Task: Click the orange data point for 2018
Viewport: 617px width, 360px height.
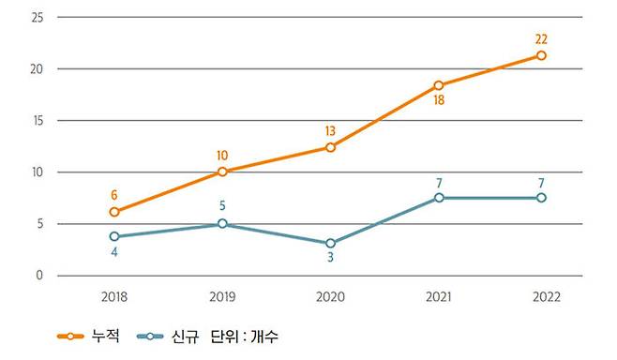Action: pos(114,212)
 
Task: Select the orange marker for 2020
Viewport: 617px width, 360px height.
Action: pos(330,147)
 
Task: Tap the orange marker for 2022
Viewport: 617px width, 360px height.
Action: pos(541,55)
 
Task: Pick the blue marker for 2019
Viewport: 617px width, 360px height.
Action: pos(222,224)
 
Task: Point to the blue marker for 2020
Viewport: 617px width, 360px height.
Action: pos(330,243)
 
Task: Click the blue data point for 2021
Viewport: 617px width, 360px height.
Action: pos(438,198)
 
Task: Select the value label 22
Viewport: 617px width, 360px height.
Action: pos(541,39)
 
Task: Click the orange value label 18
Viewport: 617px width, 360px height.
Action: pos(438,100)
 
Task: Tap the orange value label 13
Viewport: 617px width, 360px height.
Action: pos(330,131)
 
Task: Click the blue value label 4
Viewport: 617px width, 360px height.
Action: pos(114,253)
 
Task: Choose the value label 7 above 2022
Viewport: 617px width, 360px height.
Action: pos(541,181)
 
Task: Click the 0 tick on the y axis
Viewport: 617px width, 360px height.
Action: pos(39,276)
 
